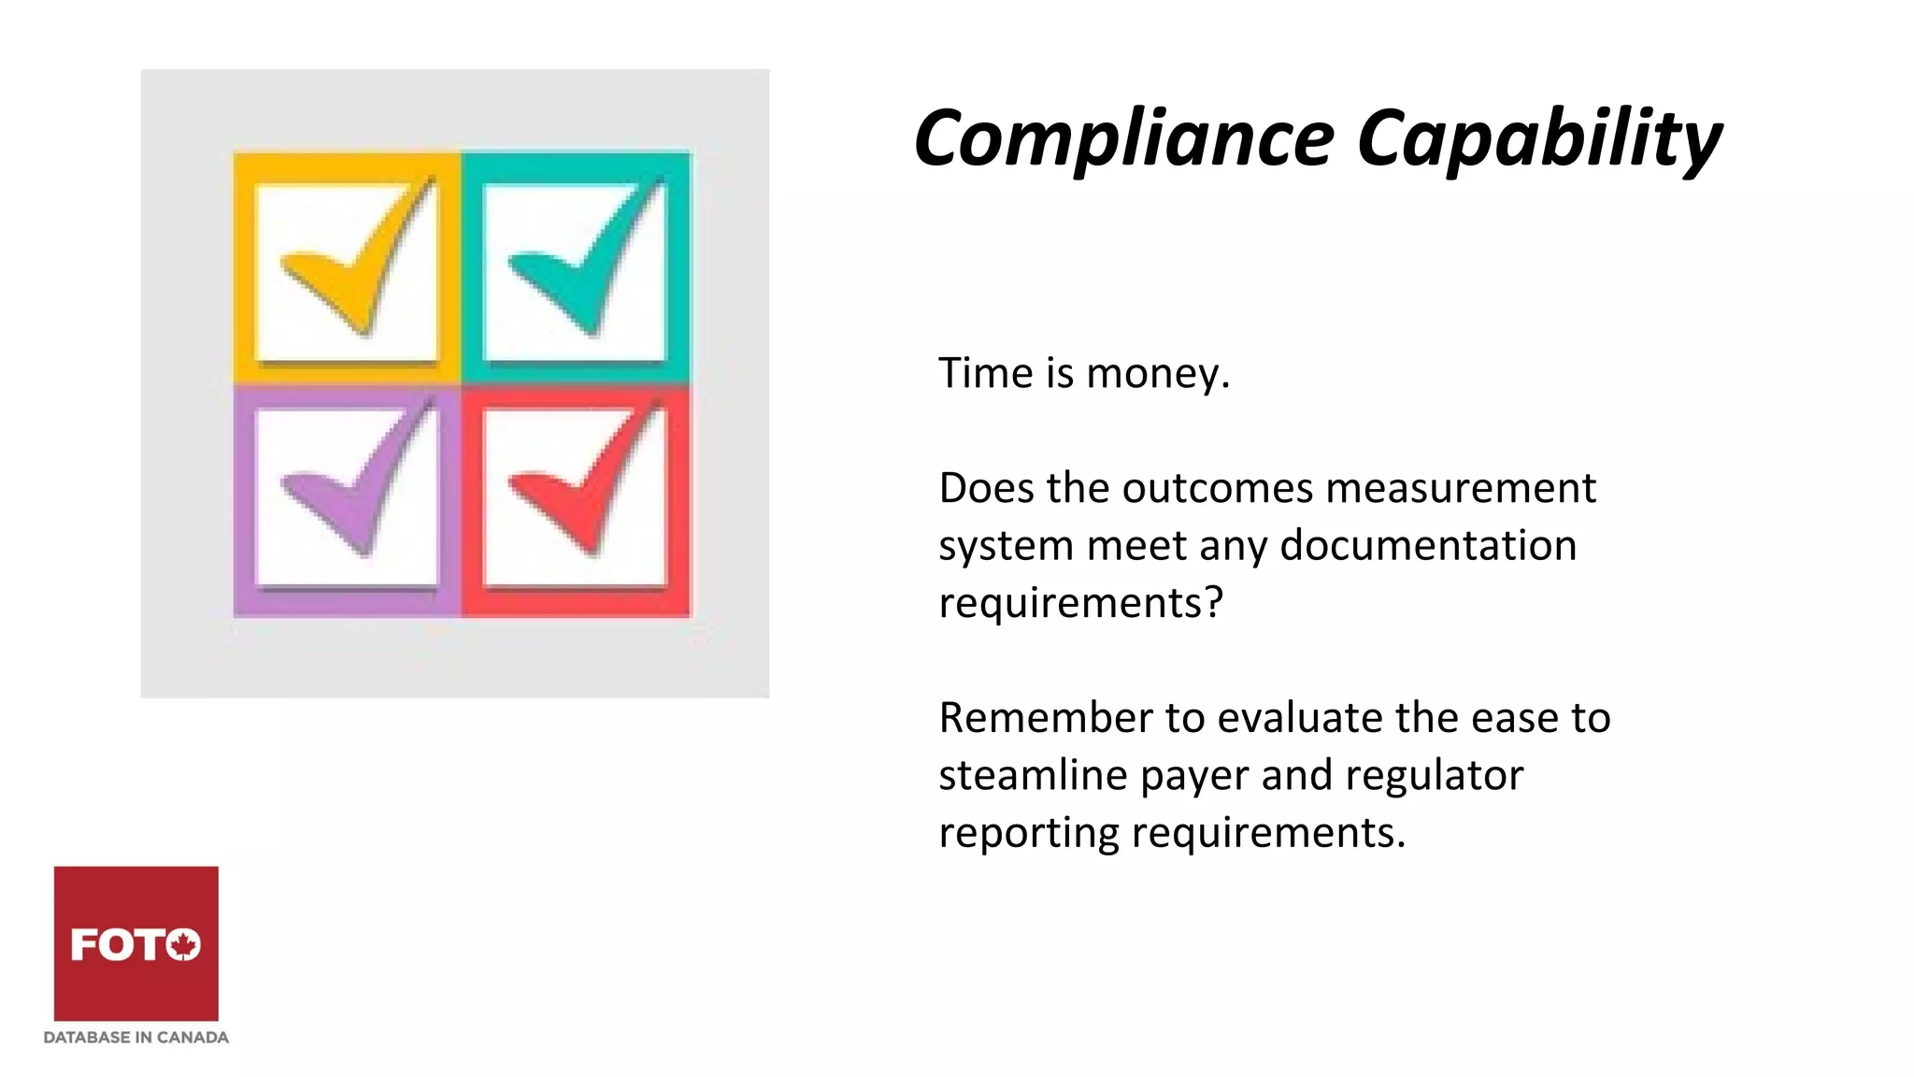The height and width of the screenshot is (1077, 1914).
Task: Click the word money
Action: (x=1157, y=374)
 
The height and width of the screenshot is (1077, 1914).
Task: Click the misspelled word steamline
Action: (x=1033, y=775)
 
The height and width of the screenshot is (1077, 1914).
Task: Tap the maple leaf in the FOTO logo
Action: (x=184, y=944)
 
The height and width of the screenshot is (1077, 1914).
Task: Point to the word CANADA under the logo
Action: (x=193, y=1038)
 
